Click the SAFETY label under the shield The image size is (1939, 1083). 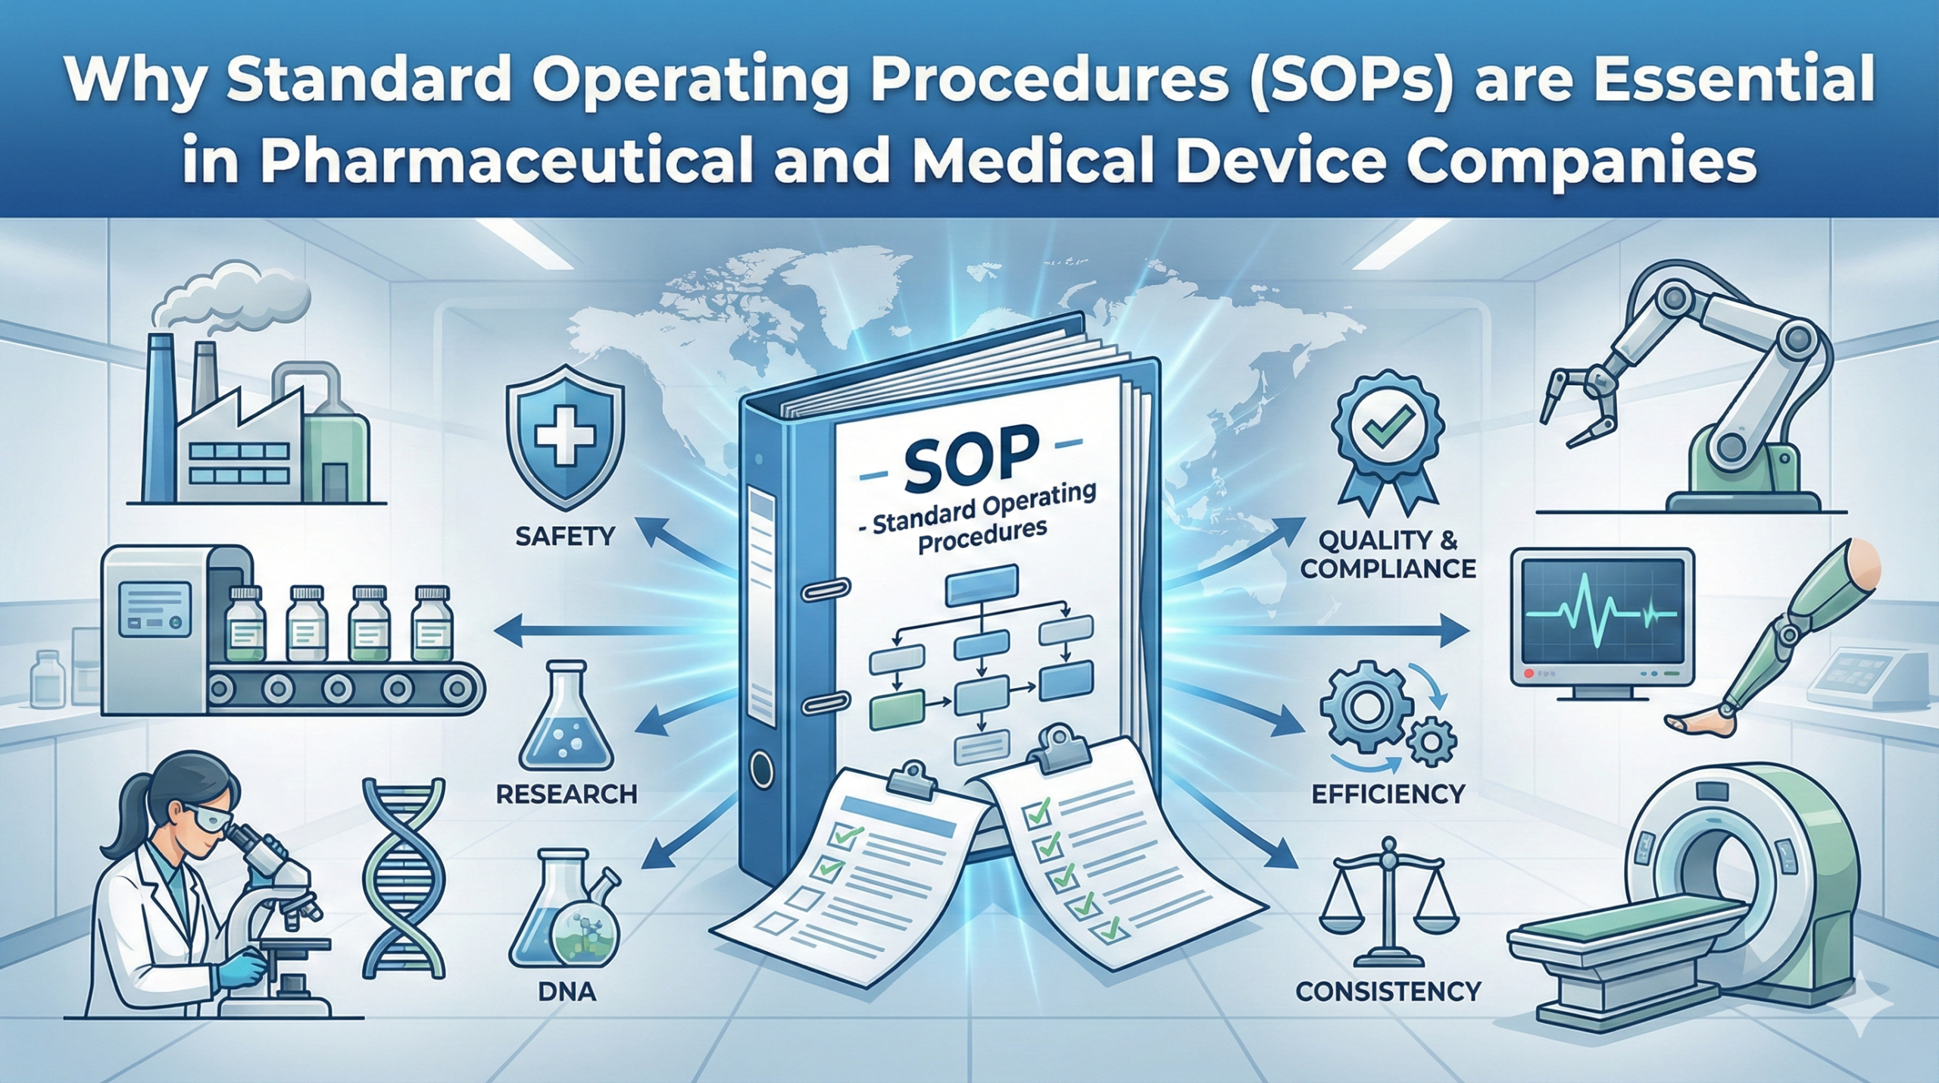[x=564, y=537]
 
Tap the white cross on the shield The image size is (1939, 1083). [x=564, y=434]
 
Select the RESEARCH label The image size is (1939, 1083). [x=567, y=794]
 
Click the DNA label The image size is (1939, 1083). [x=567, y=991]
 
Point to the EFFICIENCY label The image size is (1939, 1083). [x=1388, y=793]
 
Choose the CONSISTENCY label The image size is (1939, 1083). [x=1388, y=991]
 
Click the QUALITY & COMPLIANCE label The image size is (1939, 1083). [x=1388, y=554]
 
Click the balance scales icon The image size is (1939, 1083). [x=1388, y=901]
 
